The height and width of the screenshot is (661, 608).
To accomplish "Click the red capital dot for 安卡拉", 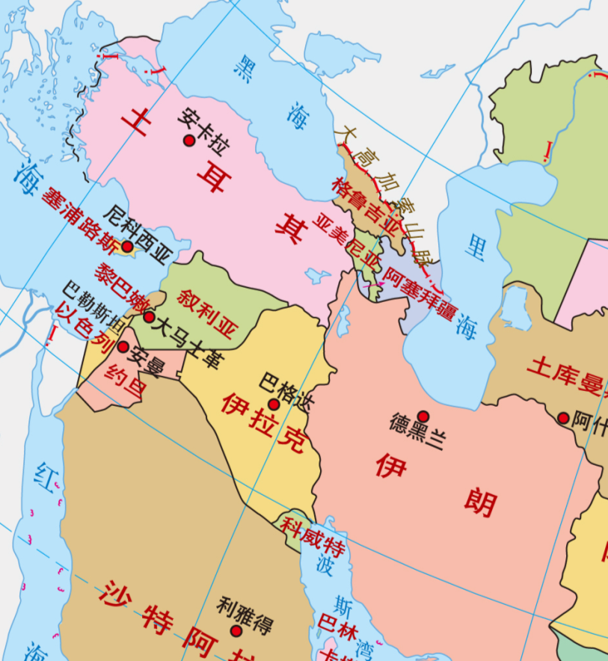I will [188, 141].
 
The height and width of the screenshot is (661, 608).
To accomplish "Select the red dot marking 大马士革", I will [149, 317].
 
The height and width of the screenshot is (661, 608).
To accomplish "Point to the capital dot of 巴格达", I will [274, 405].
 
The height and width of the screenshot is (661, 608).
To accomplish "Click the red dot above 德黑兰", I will [423, 416].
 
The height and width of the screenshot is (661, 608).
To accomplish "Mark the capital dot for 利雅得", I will [236, 631].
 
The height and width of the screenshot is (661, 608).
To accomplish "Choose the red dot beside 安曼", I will [123, 347].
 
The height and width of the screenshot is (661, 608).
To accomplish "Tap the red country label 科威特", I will [313, 535].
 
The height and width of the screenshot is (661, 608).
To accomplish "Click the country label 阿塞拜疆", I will [417, 292].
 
